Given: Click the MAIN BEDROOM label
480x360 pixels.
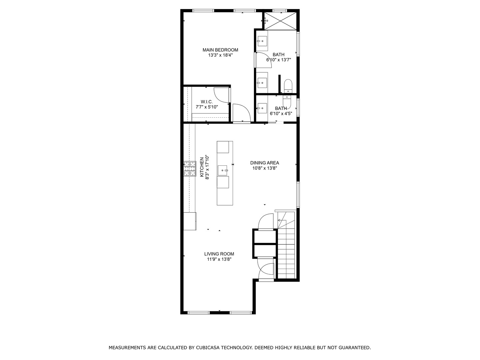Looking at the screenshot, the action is pos(220,50).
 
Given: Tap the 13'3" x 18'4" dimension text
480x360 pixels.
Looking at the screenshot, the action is pos(220,55).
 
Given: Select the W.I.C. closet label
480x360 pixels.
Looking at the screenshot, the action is pos(207,102).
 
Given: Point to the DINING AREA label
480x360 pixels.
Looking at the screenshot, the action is pos(265,163).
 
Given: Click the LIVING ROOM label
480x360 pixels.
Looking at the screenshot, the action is pos(219,254).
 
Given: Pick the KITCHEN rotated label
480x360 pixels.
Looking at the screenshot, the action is pos(202,167).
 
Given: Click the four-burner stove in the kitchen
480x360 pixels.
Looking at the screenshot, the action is pos(190,169).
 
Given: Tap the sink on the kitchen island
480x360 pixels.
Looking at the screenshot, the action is pos(223,170).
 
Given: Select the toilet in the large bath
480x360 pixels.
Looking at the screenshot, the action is pos(288,86).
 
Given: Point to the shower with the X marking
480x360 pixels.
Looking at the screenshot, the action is pos(280,21).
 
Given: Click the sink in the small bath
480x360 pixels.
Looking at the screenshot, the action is pos(262,108).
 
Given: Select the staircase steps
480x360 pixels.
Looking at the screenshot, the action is pos(286,245).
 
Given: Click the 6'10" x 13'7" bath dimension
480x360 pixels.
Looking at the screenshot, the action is pos(279,60).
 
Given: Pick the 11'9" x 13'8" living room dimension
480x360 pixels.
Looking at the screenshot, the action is pos(219,259).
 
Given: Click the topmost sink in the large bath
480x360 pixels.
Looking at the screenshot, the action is pos(262,41).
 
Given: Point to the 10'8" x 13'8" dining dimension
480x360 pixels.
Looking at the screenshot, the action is pos(265,168).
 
